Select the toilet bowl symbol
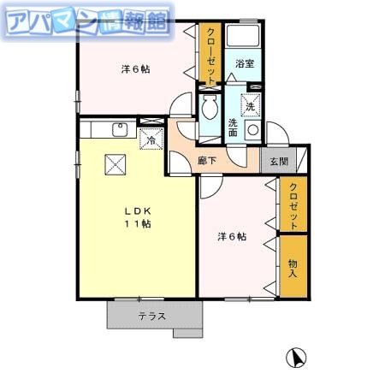click(210, 110)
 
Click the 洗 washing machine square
click(250, 106)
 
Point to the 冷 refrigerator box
click(151, 138)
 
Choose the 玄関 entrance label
click(279, 160)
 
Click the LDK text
click(136, 210)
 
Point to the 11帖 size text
click(136, 224)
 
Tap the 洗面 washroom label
click(233, 127)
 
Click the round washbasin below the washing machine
click(252, 130)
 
